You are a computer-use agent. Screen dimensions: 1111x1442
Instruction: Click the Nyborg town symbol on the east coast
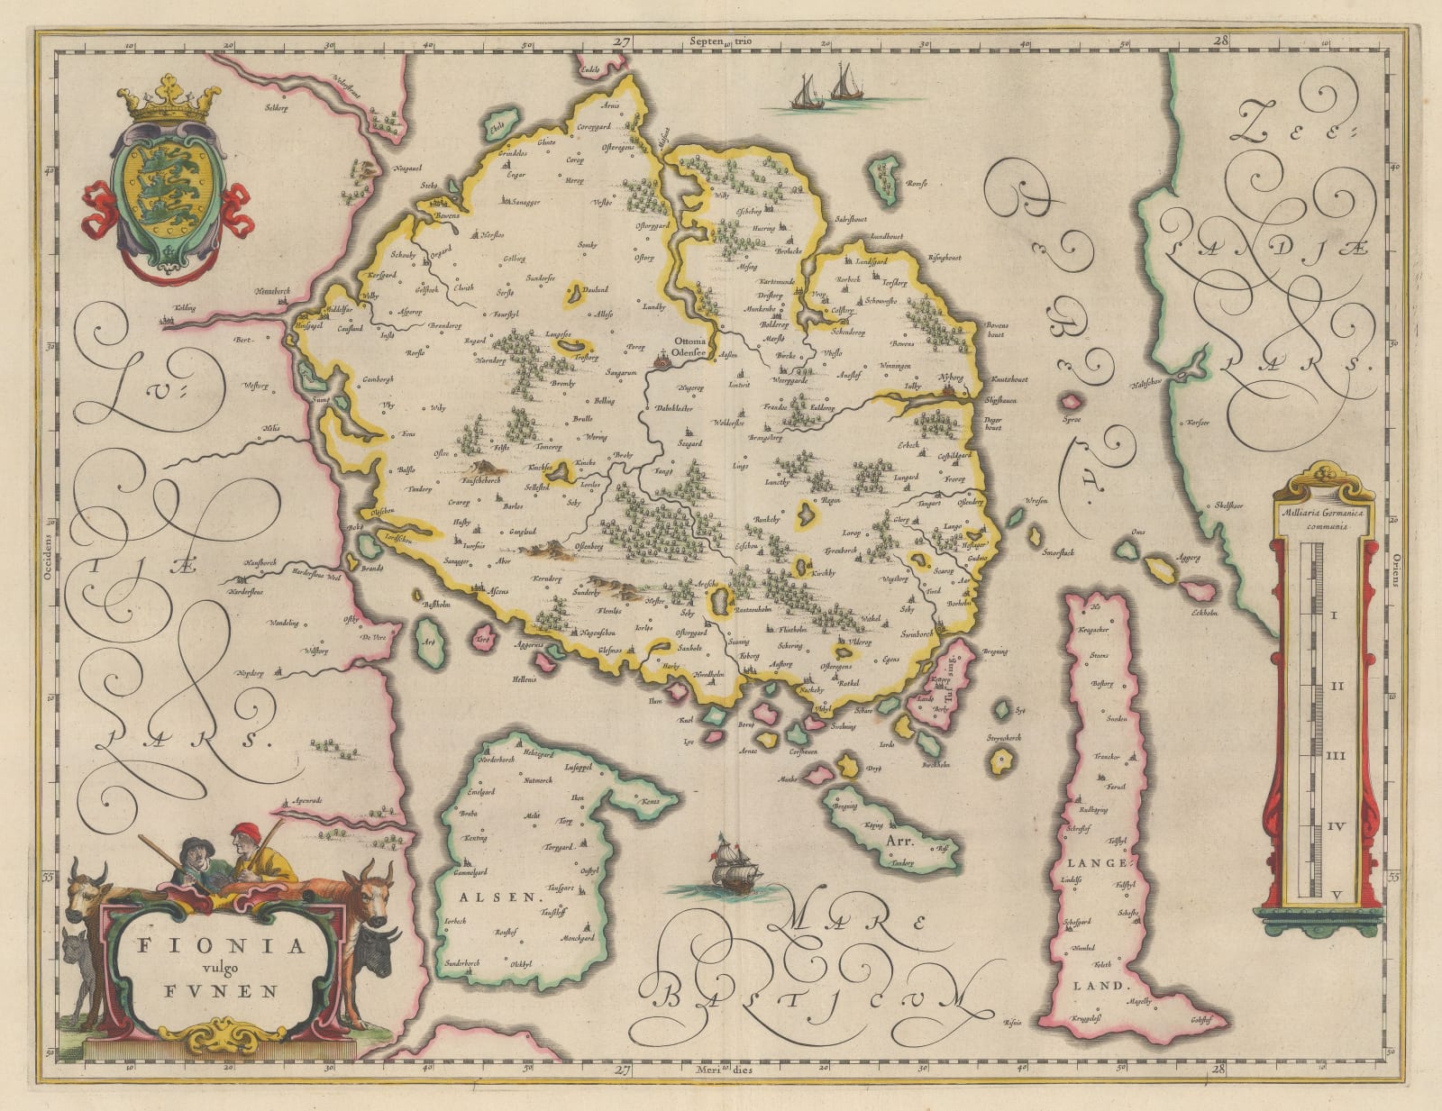point(949,390)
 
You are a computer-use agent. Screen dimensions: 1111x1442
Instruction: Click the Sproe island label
point(1072,420)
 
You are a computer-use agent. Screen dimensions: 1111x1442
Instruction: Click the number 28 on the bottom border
point(1221,1070)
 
